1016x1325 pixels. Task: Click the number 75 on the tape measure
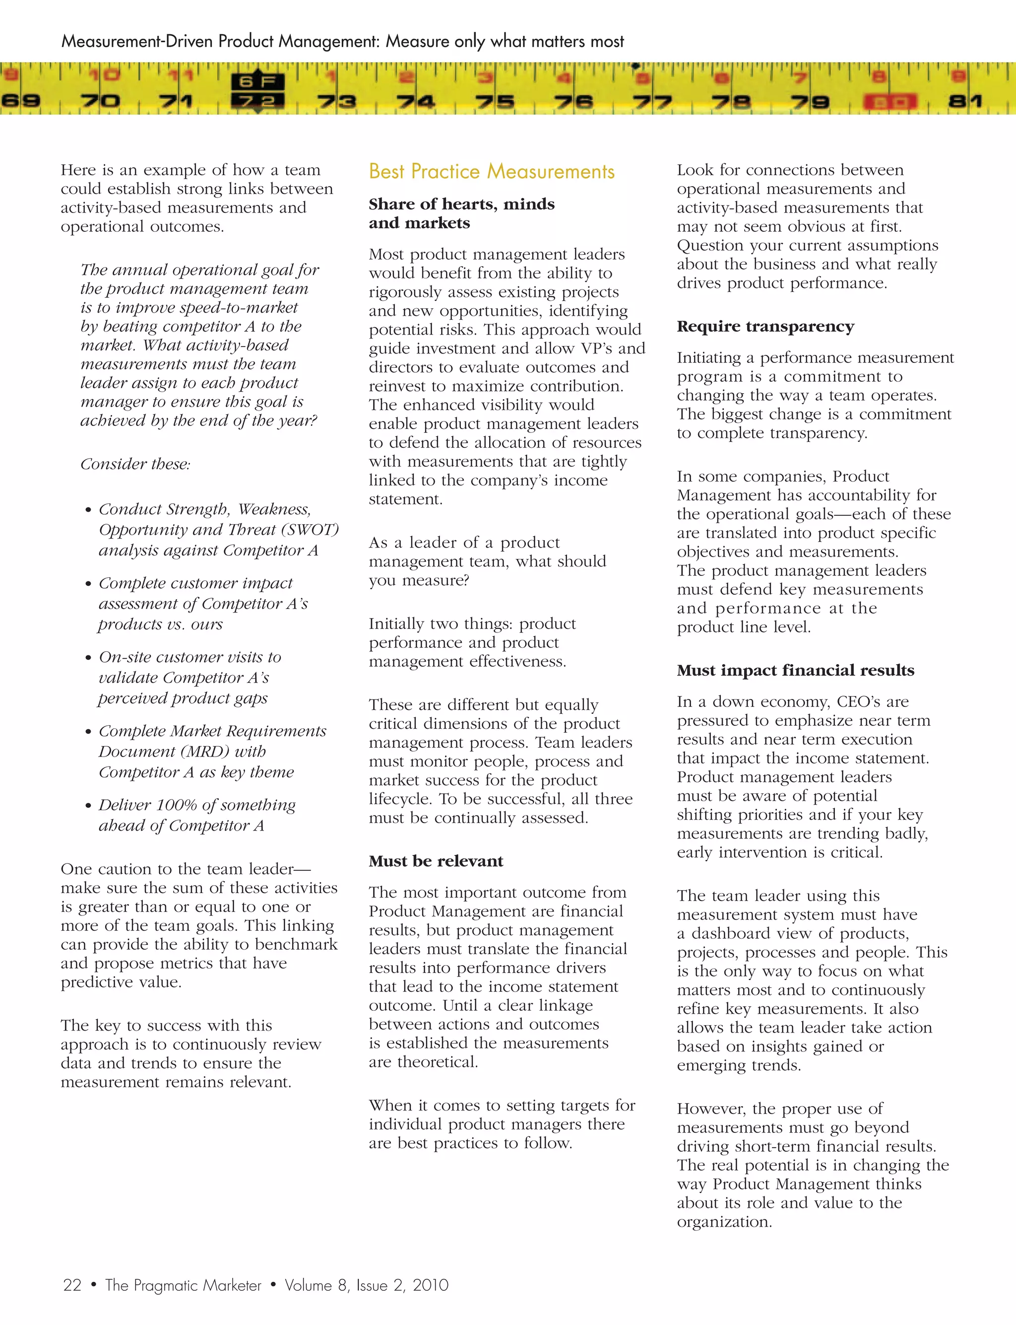click(495, 101)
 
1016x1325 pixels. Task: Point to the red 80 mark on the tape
click(889, 101)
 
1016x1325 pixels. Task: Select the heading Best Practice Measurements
click(491, 172)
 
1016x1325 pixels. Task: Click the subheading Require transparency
click(765, 327)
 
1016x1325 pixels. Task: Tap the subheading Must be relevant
click(436, 861)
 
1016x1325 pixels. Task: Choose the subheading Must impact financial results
click(795, 670)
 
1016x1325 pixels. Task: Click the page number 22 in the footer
click(72, 1285)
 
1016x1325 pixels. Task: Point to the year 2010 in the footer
click(430, 1285)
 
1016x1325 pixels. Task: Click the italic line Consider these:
click(135, 464)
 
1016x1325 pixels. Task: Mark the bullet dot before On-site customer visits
click(88, 658)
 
